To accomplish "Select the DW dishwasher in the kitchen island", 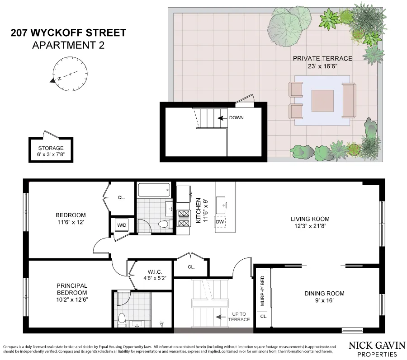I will tap(220, 222).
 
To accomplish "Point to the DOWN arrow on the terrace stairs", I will tap(222, 118).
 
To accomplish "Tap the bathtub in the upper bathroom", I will tap(154, 190).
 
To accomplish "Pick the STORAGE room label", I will tap(51, 148).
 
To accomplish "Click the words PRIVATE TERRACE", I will tap(322, 58).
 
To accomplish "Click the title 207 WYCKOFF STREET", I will tap(68, 33).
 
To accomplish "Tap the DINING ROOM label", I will tap(324, 294).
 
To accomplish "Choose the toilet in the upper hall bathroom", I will tap(163, 224).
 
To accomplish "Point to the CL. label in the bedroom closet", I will tap(121, 197).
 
